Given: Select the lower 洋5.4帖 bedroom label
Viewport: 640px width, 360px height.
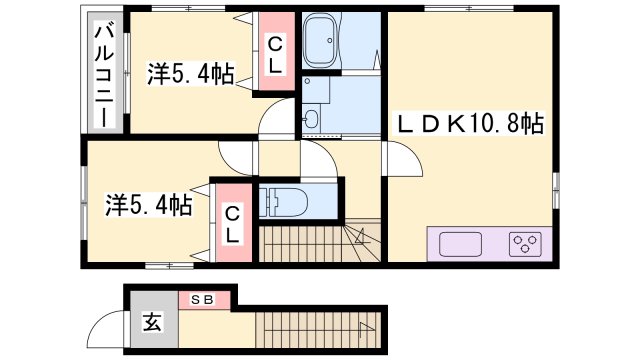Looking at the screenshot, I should coord(148,205).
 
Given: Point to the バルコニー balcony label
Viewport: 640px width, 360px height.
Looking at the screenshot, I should coord(102,75).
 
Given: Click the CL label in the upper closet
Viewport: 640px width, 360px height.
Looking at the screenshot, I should coord(273,53).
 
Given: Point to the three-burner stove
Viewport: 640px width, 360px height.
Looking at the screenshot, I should coord(525,243).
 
